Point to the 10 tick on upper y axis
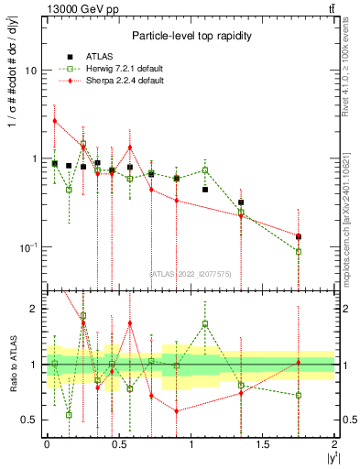(37, 71)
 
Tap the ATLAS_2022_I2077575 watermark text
(191, 272)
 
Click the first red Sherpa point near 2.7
(54, 120)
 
